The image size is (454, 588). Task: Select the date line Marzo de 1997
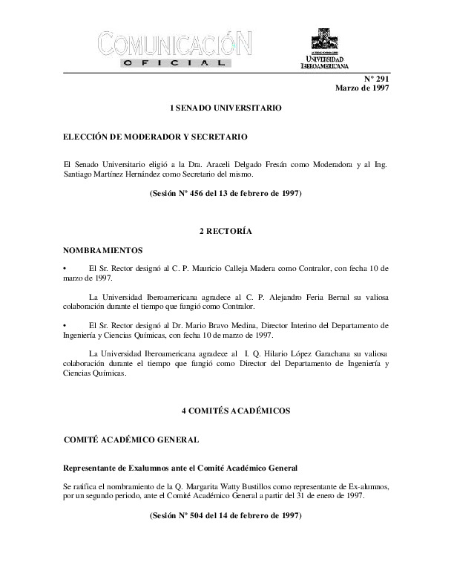tap(362, 88)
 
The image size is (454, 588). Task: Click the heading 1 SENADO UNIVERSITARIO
tap(226, 108)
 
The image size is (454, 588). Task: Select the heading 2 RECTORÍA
tap(226, 232)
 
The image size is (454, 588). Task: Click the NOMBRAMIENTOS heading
tap(103, 252)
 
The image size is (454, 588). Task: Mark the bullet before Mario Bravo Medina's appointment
tap(67, 325)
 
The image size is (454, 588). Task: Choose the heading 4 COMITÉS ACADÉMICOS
tap(226, 410)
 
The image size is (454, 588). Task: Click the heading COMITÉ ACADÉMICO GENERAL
tap(131, 440)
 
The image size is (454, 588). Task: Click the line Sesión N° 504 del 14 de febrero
tap(226, 514)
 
